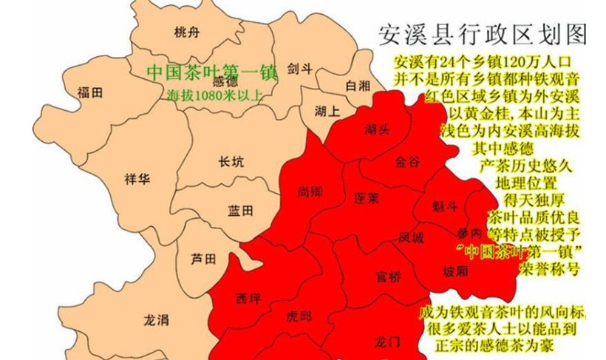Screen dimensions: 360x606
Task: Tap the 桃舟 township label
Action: tap(186, 32)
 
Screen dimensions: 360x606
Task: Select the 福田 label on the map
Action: tap(89, 92)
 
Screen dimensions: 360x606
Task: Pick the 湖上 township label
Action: tap(327, 112)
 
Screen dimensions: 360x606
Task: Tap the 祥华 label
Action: tap(137, 178)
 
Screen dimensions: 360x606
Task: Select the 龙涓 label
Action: tap(156, 319)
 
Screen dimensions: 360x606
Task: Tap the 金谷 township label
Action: tap(407, 160)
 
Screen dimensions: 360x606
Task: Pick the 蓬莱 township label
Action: tap(367, 198)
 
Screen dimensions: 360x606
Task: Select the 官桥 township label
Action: tap(388, 278)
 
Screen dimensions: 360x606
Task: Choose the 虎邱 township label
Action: tap(298, 316)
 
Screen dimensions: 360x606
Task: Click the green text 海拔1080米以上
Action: tap(214, 95)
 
